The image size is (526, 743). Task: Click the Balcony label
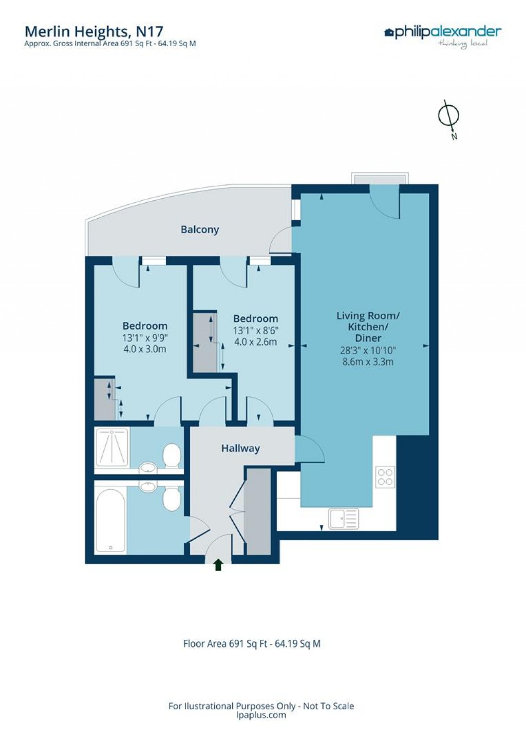coord(199,230)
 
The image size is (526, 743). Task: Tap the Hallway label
coord(240,448)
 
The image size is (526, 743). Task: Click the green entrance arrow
coord(218,565)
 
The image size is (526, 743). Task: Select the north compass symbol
coord(448,117)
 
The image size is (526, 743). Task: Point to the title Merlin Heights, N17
coord(94,31)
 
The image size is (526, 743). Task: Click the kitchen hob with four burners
coord(385,476)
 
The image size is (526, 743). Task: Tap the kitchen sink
coord(344,519)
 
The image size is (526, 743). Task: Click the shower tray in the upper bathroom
coord(111,447)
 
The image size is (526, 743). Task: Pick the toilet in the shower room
coord(172,455)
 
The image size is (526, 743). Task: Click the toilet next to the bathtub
coord(172,499)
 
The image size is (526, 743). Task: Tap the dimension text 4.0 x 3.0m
coord(145,349)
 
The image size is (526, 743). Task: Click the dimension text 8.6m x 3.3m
coord(368,361)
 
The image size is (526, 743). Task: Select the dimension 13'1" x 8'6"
coord(255,331)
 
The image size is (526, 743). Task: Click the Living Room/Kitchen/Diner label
coord(368,327)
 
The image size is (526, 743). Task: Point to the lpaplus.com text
coord(261,715)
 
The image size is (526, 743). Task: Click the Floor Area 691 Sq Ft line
coord(252,643)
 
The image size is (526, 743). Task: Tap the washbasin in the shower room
coord(148,468)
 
